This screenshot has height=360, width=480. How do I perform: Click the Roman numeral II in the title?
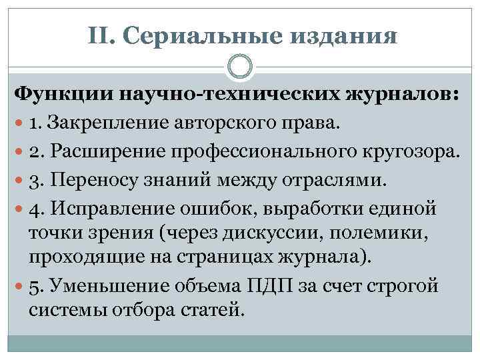[x=98, y=37]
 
